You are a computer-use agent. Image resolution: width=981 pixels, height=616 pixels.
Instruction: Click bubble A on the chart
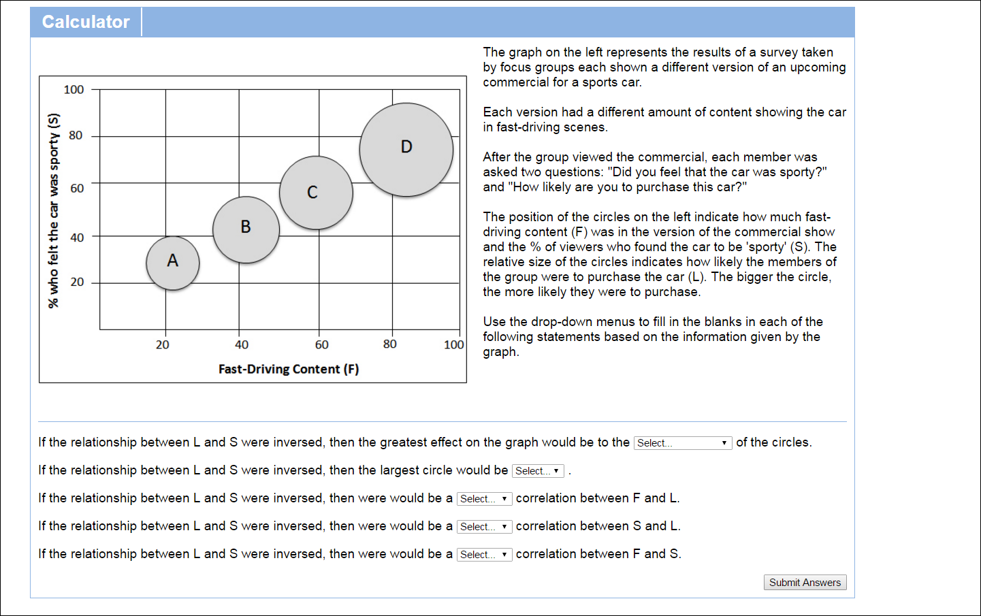click(173, 263)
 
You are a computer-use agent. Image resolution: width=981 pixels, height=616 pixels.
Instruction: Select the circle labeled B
click(246, 230)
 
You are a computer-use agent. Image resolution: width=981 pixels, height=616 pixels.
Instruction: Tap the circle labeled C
click(316, 193)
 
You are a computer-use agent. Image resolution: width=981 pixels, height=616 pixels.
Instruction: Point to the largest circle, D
click(406, 150)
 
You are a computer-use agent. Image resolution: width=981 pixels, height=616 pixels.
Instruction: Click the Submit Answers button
click(805, 583)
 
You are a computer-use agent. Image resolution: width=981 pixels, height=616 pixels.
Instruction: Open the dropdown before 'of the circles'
click(682, 443)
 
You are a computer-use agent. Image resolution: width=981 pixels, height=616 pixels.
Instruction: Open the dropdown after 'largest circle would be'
click(538, 471)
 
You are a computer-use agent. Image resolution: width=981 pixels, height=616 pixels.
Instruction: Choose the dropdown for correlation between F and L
click(484, 499)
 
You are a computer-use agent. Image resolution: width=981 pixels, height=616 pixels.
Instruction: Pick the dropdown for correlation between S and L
click(484, 527)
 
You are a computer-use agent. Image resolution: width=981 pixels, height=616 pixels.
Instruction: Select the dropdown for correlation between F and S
click(484, 555)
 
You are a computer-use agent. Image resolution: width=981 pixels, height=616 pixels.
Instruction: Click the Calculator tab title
click(86, 22)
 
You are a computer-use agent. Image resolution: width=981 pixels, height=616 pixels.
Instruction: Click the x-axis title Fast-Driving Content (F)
click(289, 369)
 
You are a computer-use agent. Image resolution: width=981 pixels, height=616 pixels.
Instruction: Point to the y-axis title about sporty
click(54, 210)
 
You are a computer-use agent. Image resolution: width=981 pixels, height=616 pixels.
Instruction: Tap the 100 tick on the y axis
click(74, 90)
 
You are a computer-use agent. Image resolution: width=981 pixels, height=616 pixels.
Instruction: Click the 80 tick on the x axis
click(389, 344)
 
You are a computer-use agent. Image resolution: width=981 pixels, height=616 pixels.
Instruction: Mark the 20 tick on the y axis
click(77, 282)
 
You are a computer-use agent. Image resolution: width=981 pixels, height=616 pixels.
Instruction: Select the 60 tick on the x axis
click(321, 345)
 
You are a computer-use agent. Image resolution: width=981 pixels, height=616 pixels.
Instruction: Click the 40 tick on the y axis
click(77, 238)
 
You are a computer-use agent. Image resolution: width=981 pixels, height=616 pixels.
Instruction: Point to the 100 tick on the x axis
click(453, 345)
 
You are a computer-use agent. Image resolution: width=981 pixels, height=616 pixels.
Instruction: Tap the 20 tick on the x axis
click(162, 345)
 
